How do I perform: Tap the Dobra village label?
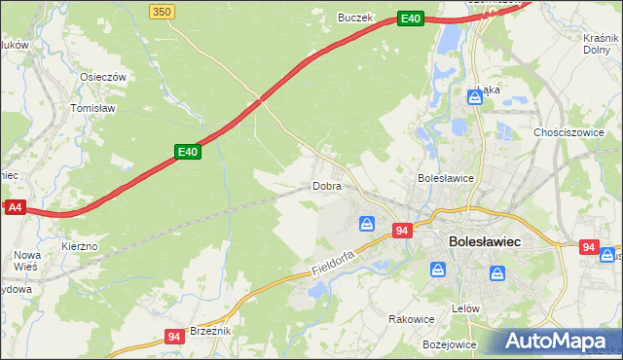tap(326, 186)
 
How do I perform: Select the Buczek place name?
tap(355, 17)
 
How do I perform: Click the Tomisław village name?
tap(93, 109)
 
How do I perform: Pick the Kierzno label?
tap(79, 247)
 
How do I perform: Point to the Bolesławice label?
tap(445, 179)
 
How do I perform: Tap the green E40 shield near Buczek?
tap(410, 18)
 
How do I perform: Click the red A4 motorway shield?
tap(15, 207)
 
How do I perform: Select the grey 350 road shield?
tap(163, 11)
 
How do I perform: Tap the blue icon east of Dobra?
tap(367, 225)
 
